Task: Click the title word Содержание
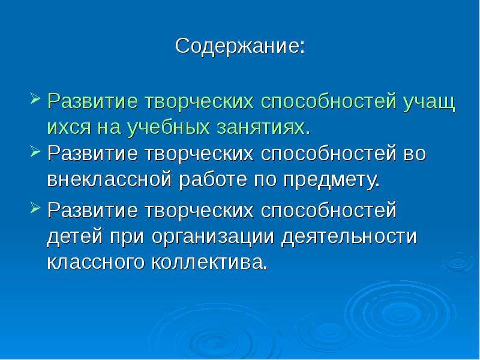click(240, 47)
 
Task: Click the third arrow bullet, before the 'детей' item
click(35, 208)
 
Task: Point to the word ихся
click(70, 127)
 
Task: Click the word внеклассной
click(109, 180)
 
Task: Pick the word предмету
click(332, 181)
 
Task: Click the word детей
click(74, 238)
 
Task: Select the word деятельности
click(349, 238)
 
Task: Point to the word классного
click(95, 263)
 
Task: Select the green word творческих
click(200, 102)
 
